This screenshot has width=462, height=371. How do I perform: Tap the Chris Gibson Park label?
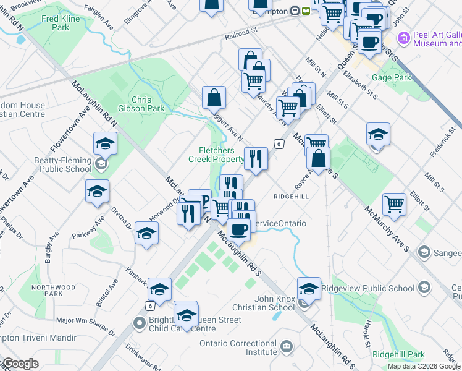tap(148, 104)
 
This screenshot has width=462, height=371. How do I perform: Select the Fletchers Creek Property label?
tap(216, 155)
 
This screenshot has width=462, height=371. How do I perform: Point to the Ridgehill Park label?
tap(399, 355)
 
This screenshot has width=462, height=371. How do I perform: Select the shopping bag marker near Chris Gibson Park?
tap(214, 97)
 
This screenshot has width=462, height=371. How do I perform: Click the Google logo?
tap(20, 364)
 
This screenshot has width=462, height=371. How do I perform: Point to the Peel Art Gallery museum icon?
tap(404, 39)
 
